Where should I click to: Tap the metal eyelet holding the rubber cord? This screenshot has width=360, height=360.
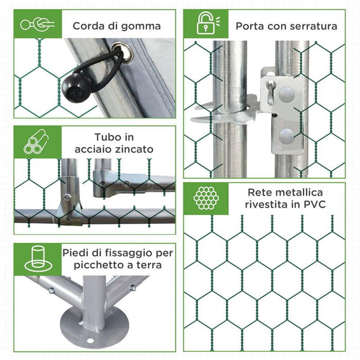coord(118,52)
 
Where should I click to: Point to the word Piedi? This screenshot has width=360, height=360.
coord(76,253)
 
